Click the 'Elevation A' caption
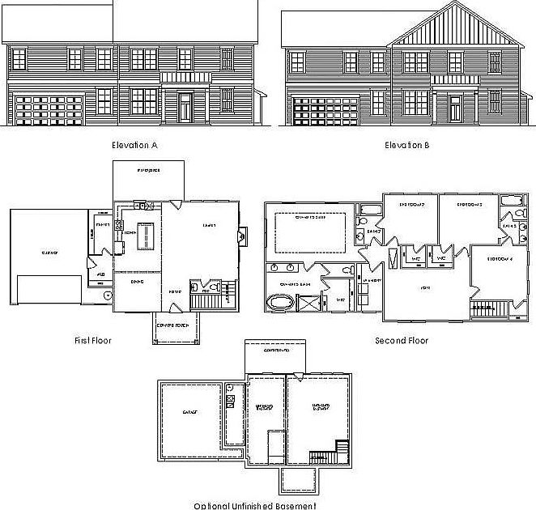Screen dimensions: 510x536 pyautogui.click(x=134, y=146)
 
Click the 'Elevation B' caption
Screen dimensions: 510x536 pyautogui.click(x=403, y=146)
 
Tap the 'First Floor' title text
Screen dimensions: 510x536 pyautogui.click(x=92, y=341)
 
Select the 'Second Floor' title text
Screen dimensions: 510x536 pyautogui.click(x=402, y=341)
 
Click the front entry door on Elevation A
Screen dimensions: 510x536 pyautogui.click(x=185, y=107)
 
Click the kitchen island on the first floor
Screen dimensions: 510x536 pyautogui.click(x=147, y=235)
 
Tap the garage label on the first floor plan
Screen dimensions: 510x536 pyautogui.click(x=49, y=253)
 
